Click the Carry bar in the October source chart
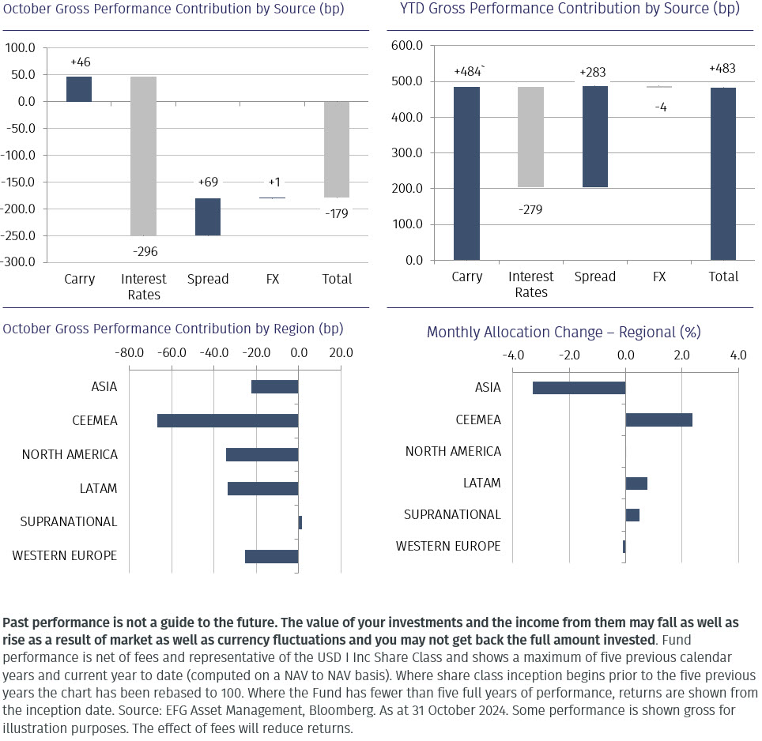pos(78,89)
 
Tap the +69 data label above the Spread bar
pos(207,182)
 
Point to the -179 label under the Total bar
pos(336,213)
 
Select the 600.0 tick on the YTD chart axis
pos(408,46)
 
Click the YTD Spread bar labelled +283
pos(594,136)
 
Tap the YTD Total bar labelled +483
pos(723,173)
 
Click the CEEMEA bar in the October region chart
pos(228,420)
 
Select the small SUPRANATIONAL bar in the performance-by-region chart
pos(300,522)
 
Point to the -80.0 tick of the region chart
pos(129,352)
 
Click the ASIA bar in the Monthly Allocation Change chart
pos(579,388)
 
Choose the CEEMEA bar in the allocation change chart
pos(658,419)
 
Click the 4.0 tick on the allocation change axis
pos(737,355)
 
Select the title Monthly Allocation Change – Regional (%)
pos(564,333)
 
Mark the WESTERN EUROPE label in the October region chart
pos(65,556)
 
